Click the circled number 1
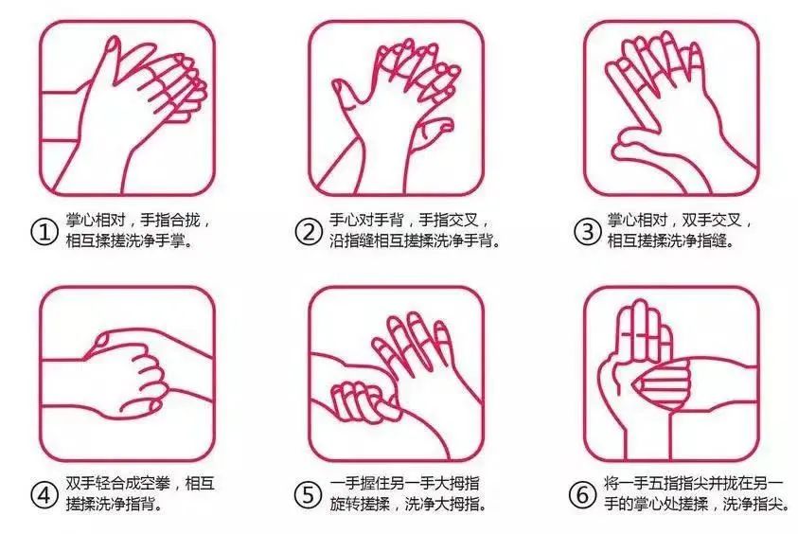coord(44,233)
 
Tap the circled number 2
coord(309,233)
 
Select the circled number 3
coord(587,232)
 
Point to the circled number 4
coord(44,494)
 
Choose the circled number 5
coord(309,494)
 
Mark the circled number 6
coord(582,494)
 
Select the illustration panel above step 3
coord(671,108)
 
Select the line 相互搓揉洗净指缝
coord(670,240)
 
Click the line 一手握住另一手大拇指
coord(404,483)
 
